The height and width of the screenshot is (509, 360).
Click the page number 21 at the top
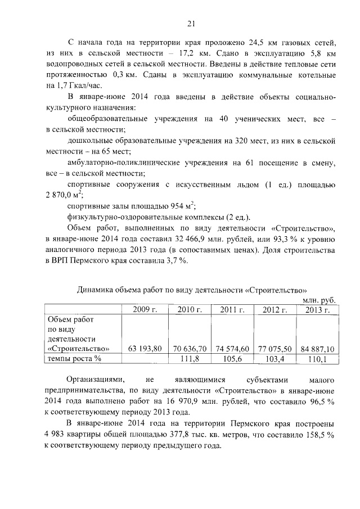click(x=191, y=23)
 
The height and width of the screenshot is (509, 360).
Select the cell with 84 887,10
click(x=317, y=348)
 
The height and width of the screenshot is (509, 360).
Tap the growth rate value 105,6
click(x=232, y=358)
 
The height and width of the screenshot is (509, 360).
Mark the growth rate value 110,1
click(x=317, y=358)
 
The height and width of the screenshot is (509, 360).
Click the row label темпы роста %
click(x=74, y=358)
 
